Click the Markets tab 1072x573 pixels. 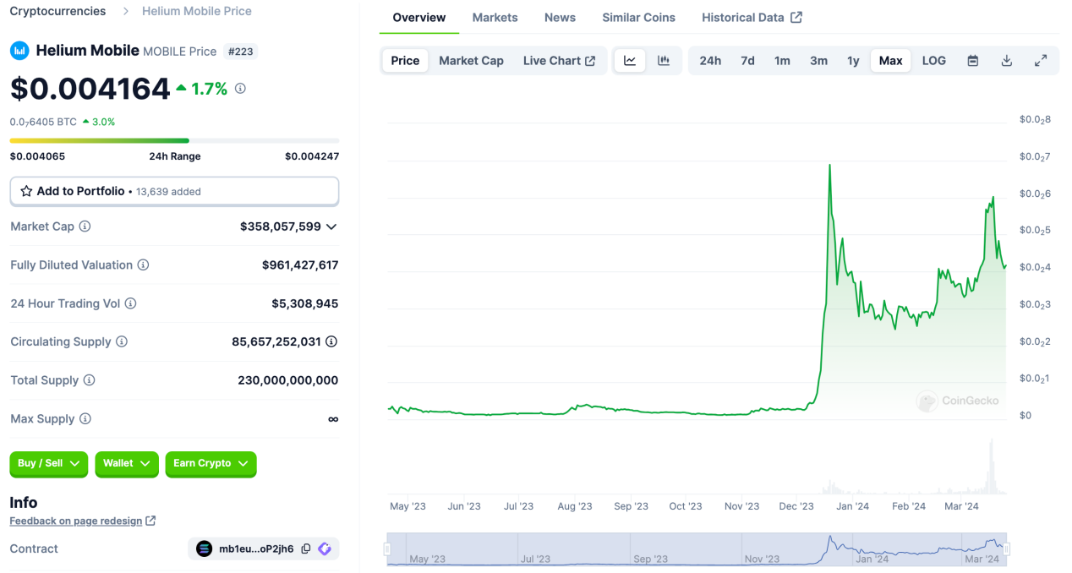[495, 18]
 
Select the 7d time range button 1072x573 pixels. [747, 61]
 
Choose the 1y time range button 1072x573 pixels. [853, 61]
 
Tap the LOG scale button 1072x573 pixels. [933, 61]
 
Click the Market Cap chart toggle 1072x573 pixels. [471, 61]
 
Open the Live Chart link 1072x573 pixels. [559, 61]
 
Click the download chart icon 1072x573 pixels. [1006, 61]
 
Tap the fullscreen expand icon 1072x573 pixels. [1041, 61]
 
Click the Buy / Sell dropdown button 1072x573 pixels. [48, 463]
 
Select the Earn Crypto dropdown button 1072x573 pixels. [211, 463]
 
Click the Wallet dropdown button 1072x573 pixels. [126, 463]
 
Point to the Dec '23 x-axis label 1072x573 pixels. [796, 506]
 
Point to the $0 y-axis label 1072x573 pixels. [1026, 415]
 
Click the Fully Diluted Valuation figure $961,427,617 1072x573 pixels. [300, 265]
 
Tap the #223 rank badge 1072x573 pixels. [241, 52]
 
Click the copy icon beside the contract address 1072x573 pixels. [306, 549]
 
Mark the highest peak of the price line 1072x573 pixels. [829, 165]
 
